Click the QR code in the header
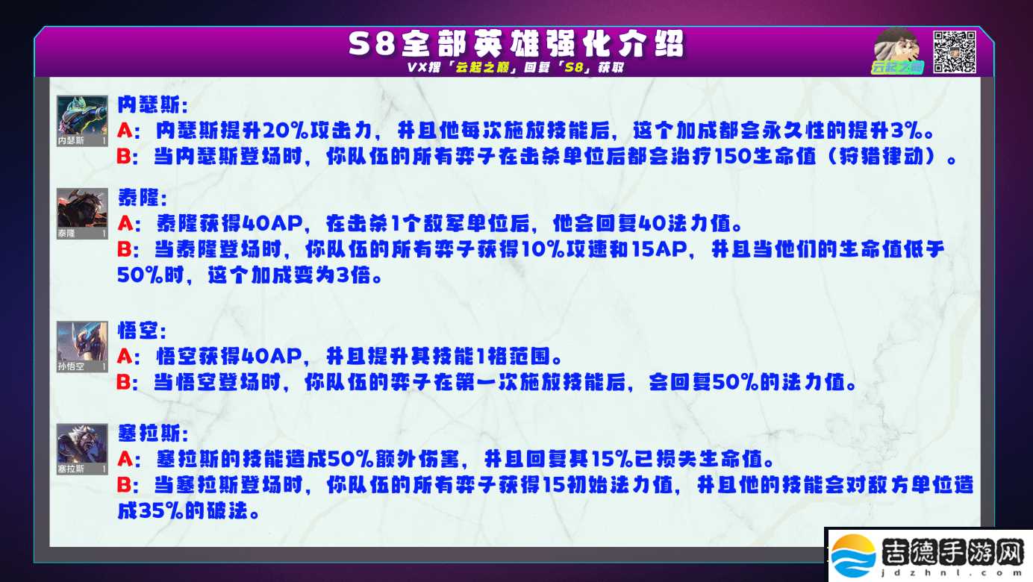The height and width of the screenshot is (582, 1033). pyautogui.click(x=954, y=51)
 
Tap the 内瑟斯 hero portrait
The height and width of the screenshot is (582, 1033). pyautogui.click(x=82, y=121)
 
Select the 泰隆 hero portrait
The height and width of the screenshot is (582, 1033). pyautogui.click(x=82, y=213)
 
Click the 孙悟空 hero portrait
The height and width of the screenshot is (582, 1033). pyautogui.click(x=82, y=347)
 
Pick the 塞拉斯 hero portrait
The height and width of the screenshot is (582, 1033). pyautogui.click(x=82, y=449)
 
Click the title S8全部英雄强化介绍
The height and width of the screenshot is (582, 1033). pyautogui.click(x=516, y=44)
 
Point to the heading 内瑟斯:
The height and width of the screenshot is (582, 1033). pyautogui.click(x=153, y=105)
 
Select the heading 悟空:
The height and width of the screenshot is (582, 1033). pyautogui.click(x=142, y=331)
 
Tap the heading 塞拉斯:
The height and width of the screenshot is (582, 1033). pyautogui.click(x=153, y=434)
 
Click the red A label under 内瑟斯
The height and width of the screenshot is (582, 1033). pyautogui.click(x=125, y=131)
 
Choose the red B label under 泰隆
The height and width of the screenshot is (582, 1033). pyautogui.click(x=125, y=249)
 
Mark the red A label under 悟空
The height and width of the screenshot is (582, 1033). pyautogui.click(x=125, y=357)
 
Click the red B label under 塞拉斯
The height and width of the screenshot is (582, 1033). pyautogui.click(x=125, y=485)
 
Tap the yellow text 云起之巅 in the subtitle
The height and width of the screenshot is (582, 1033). pyautogui.click(x=482, y=67)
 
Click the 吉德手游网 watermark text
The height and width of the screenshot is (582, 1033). pyautogui.click(x=952, y=552)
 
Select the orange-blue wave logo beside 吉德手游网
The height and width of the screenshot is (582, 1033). pyautogui.click(x=854, y=556)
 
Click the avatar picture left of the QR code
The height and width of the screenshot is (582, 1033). pyautogui.click(x=897, y=51)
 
